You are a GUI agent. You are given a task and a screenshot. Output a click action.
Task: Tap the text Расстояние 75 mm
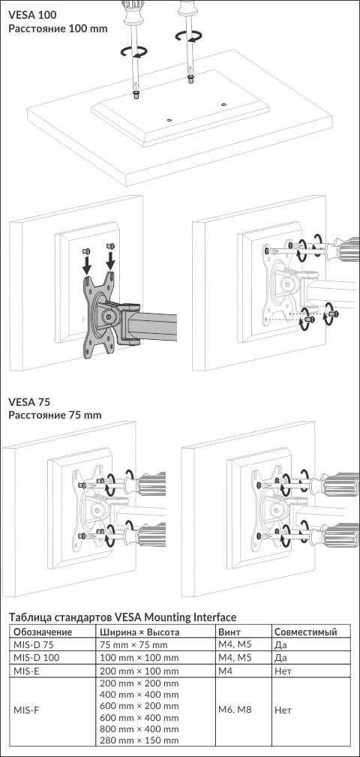55,415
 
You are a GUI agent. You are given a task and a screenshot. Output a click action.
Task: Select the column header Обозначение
43,632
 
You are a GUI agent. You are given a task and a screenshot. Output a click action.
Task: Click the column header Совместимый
305,632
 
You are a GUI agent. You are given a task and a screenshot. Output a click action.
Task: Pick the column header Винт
229,632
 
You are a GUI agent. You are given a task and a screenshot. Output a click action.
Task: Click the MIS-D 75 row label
33,644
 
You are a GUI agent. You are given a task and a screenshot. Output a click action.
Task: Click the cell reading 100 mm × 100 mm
139,657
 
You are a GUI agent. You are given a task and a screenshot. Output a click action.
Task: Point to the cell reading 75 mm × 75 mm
133,644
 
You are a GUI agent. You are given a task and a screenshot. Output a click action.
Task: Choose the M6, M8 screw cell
235,710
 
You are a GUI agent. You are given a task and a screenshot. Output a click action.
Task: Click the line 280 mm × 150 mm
139,740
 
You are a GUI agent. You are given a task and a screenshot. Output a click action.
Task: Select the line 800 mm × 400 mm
139,729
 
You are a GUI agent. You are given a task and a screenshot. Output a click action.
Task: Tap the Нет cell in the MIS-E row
283,671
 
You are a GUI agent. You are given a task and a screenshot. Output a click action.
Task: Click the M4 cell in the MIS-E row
225,671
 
